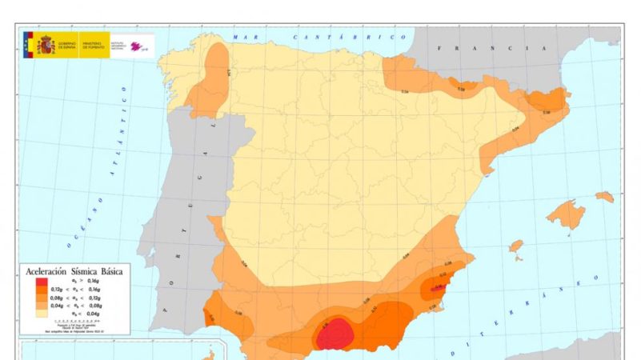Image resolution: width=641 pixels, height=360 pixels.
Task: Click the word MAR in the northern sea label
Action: point(242,38)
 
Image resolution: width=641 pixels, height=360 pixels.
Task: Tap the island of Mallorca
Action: point(567,214)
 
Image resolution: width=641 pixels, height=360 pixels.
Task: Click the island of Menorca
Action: point(605,196)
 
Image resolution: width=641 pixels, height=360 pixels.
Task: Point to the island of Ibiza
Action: point(515,246)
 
